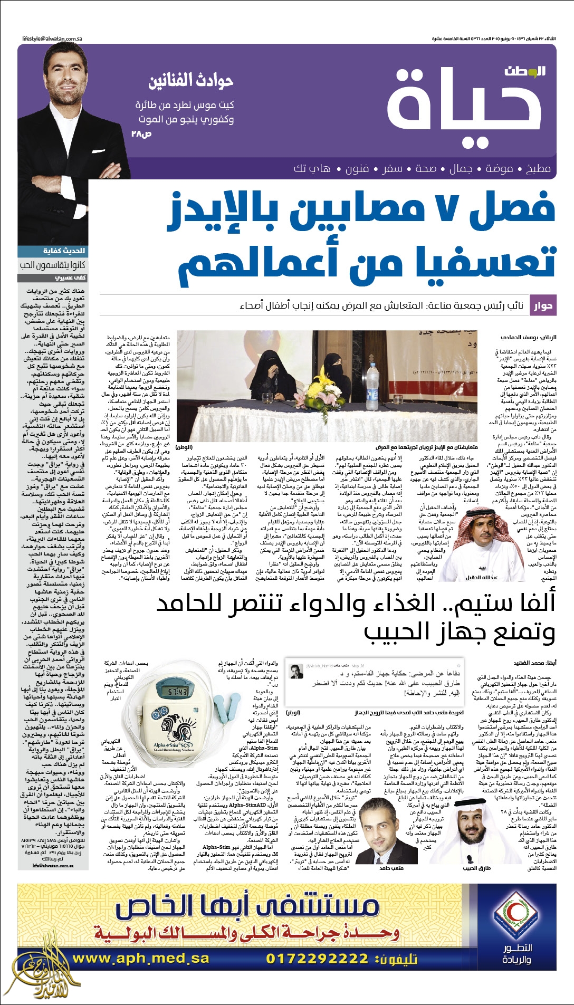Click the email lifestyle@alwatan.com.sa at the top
(x=52, y=39)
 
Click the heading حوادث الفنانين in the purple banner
(x=191, y=81)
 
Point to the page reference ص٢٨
(x=141, y=133)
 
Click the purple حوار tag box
(x=542, y=305)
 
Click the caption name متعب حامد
(x=391, y=867)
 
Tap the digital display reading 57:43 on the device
(x=178, y=691)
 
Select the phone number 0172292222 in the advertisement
(x=317, y=958)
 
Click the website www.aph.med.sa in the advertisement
(x=141, y=958)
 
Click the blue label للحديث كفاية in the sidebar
(x=64, y=251)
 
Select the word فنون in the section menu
(x=357, y=168)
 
